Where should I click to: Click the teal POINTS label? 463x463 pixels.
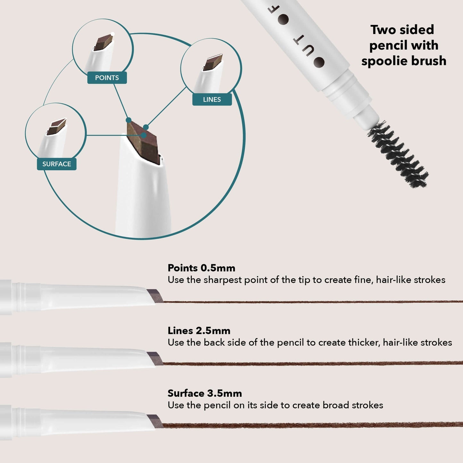click(107, 78)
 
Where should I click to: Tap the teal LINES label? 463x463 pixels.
click(212, 99)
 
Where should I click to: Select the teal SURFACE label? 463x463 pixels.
click(57, 164)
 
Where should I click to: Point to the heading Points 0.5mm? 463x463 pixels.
click(201, 268)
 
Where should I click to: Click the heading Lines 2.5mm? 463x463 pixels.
click(199, 331)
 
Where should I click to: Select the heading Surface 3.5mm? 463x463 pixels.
click(205, 393)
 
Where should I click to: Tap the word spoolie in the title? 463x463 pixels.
click(384, 61)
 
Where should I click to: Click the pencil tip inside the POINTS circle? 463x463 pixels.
click(103, 43)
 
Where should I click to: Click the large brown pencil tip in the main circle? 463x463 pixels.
click(143, 143)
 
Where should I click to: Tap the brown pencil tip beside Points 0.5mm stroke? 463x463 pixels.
click(155, 296)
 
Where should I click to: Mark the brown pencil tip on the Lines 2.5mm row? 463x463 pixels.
click(155, 359)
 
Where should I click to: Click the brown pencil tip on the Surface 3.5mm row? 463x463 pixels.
click(155, 421)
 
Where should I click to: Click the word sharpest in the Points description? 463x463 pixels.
click(222, 280)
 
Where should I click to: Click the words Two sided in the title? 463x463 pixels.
click(402, 30)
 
